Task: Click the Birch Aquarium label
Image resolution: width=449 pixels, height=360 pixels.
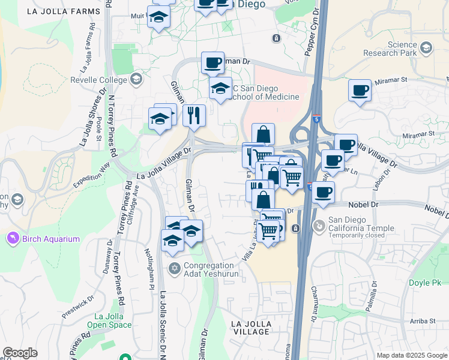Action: click(51, 239)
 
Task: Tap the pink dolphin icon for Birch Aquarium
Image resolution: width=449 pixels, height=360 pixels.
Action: click(12, 239)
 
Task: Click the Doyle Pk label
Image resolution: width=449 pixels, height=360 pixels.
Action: click(424, 282)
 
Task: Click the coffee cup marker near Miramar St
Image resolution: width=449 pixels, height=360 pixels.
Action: click(360, 91)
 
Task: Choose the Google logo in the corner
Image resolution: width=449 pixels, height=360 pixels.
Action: click(20, 353)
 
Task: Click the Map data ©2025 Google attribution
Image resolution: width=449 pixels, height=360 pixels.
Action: click(412, 355)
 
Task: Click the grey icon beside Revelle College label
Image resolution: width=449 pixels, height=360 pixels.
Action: click(136, 79)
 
